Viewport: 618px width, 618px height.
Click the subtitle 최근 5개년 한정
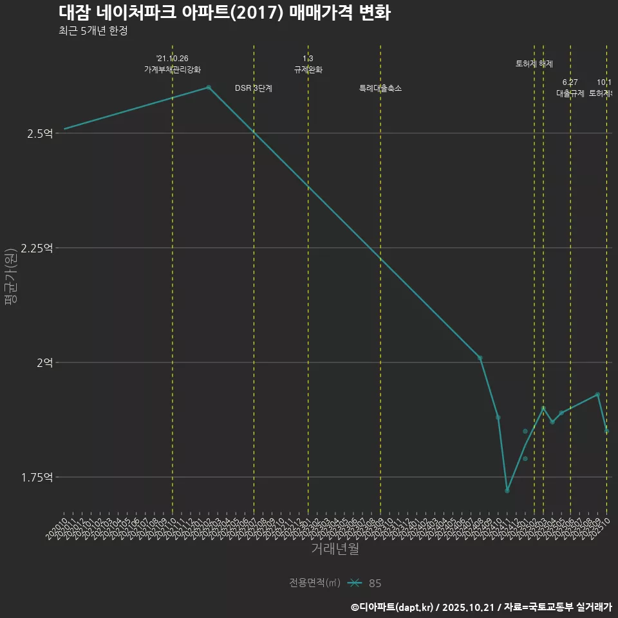(88, 31)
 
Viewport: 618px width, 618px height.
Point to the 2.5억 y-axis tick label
(39, 133)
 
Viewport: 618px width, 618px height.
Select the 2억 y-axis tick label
(44, 362)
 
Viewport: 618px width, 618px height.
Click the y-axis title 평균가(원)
(10, 277)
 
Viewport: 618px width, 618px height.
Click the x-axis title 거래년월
(335, 548)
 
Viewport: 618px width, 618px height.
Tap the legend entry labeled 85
(375, 583)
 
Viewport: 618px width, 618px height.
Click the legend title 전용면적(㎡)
(315, 583)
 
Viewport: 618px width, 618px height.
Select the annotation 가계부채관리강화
(172, 70)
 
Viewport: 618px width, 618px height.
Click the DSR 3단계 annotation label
(254, 88)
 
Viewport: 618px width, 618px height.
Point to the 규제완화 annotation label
(308, 70)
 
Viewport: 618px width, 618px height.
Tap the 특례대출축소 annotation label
(380, 88)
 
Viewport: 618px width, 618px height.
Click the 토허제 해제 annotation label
(534, 64)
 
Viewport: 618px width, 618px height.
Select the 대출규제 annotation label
(570, 93)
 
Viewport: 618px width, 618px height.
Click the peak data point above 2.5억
(209, 87)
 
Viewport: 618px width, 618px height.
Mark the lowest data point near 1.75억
(507, 491)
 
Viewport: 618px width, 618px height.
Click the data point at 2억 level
(480, 357)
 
